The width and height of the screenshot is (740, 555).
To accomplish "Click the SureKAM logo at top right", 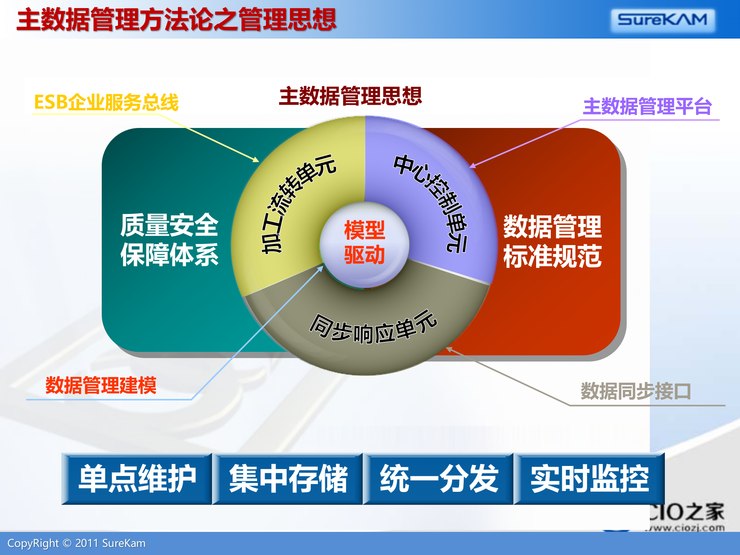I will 663,20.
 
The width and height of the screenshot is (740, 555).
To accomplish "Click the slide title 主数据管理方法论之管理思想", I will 177,20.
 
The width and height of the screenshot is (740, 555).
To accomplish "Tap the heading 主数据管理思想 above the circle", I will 350,96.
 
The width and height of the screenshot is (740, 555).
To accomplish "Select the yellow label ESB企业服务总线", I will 106,103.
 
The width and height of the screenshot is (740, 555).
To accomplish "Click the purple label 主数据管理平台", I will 647,107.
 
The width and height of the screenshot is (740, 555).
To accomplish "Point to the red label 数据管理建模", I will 101,385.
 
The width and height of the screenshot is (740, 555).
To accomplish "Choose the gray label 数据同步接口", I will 636,391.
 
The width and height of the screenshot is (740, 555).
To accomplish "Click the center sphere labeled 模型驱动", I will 364,243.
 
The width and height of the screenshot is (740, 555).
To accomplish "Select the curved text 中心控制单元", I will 434,200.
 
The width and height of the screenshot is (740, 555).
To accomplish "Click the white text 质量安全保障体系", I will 169,240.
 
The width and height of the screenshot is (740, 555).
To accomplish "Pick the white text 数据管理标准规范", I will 552,242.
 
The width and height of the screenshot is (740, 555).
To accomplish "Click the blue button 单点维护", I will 137,479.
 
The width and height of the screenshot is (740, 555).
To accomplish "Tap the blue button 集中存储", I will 288,479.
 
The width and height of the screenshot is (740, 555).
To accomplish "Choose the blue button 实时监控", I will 589,479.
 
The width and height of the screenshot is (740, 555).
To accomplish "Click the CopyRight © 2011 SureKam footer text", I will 76,543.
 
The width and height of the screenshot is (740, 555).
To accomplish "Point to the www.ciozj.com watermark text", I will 686,528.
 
